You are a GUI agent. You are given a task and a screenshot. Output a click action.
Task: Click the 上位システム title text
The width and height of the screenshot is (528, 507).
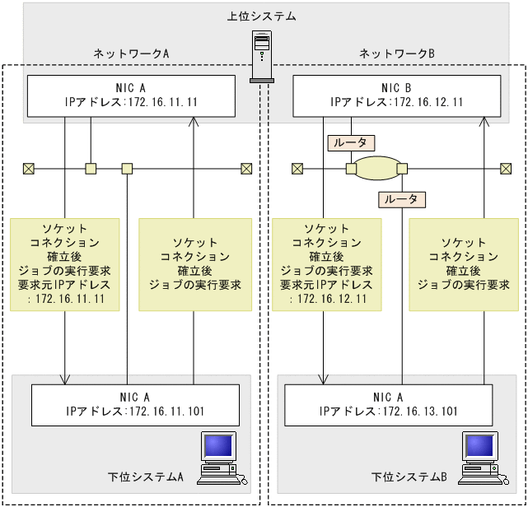261,16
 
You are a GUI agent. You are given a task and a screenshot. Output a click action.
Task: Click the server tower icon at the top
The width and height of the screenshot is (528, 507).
261,57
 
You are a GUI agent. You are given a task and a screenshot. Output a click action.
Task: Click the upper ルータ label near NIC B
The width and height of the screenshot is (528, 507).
353,142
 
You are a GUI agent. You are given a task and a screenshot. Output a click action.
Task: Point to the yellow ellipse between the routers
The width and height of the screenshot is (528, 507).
376,169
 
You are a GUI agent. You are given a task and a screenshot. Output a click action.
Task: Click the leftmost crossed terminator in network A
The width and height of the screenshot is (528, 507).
29,169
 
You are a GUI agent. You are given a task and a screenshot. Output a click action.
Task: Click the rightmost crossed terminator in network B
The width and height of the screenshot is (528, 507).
505,169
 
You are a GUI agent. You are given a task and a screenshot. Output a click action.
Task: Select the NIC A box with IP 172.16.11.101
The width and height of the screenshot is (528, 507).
135,404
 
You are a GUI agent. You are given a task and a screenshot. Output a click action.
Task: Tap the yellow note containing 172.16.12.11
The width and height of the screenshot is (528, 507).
326,264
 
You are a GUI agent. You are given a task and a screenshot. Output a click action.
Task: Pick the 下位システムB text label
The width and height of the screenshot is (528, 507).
409,477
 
